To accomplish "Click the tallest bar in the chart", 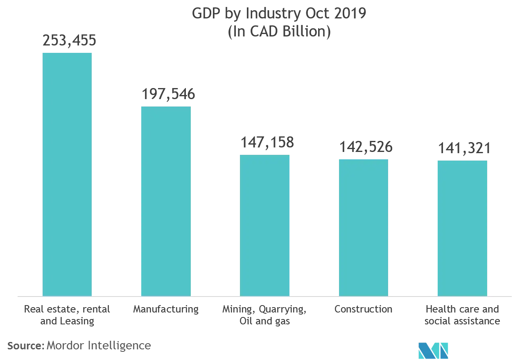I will click(x=67, y=174).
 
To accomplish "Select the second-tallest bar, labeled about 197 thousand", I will click(x=166, y=200).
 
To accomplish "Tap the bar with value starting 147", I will click(x=265, y=225).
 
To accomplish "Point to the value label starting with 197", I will click(x=168, y=95).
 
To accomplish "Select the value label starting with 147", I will click(x=267, y=142).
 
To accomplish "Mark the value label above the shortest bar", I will click(x=464, y=148).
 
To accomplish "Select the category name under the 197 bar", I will click(x=165, y=310).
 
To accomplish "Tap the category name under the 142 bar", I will click(x=363, y=310).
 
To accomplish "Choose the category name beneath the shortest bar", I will click(x=462, y=315).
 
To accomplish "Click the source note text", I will click(x=80, y=346).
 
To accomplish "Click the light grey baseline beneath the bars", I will click(x=262, y=296).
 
